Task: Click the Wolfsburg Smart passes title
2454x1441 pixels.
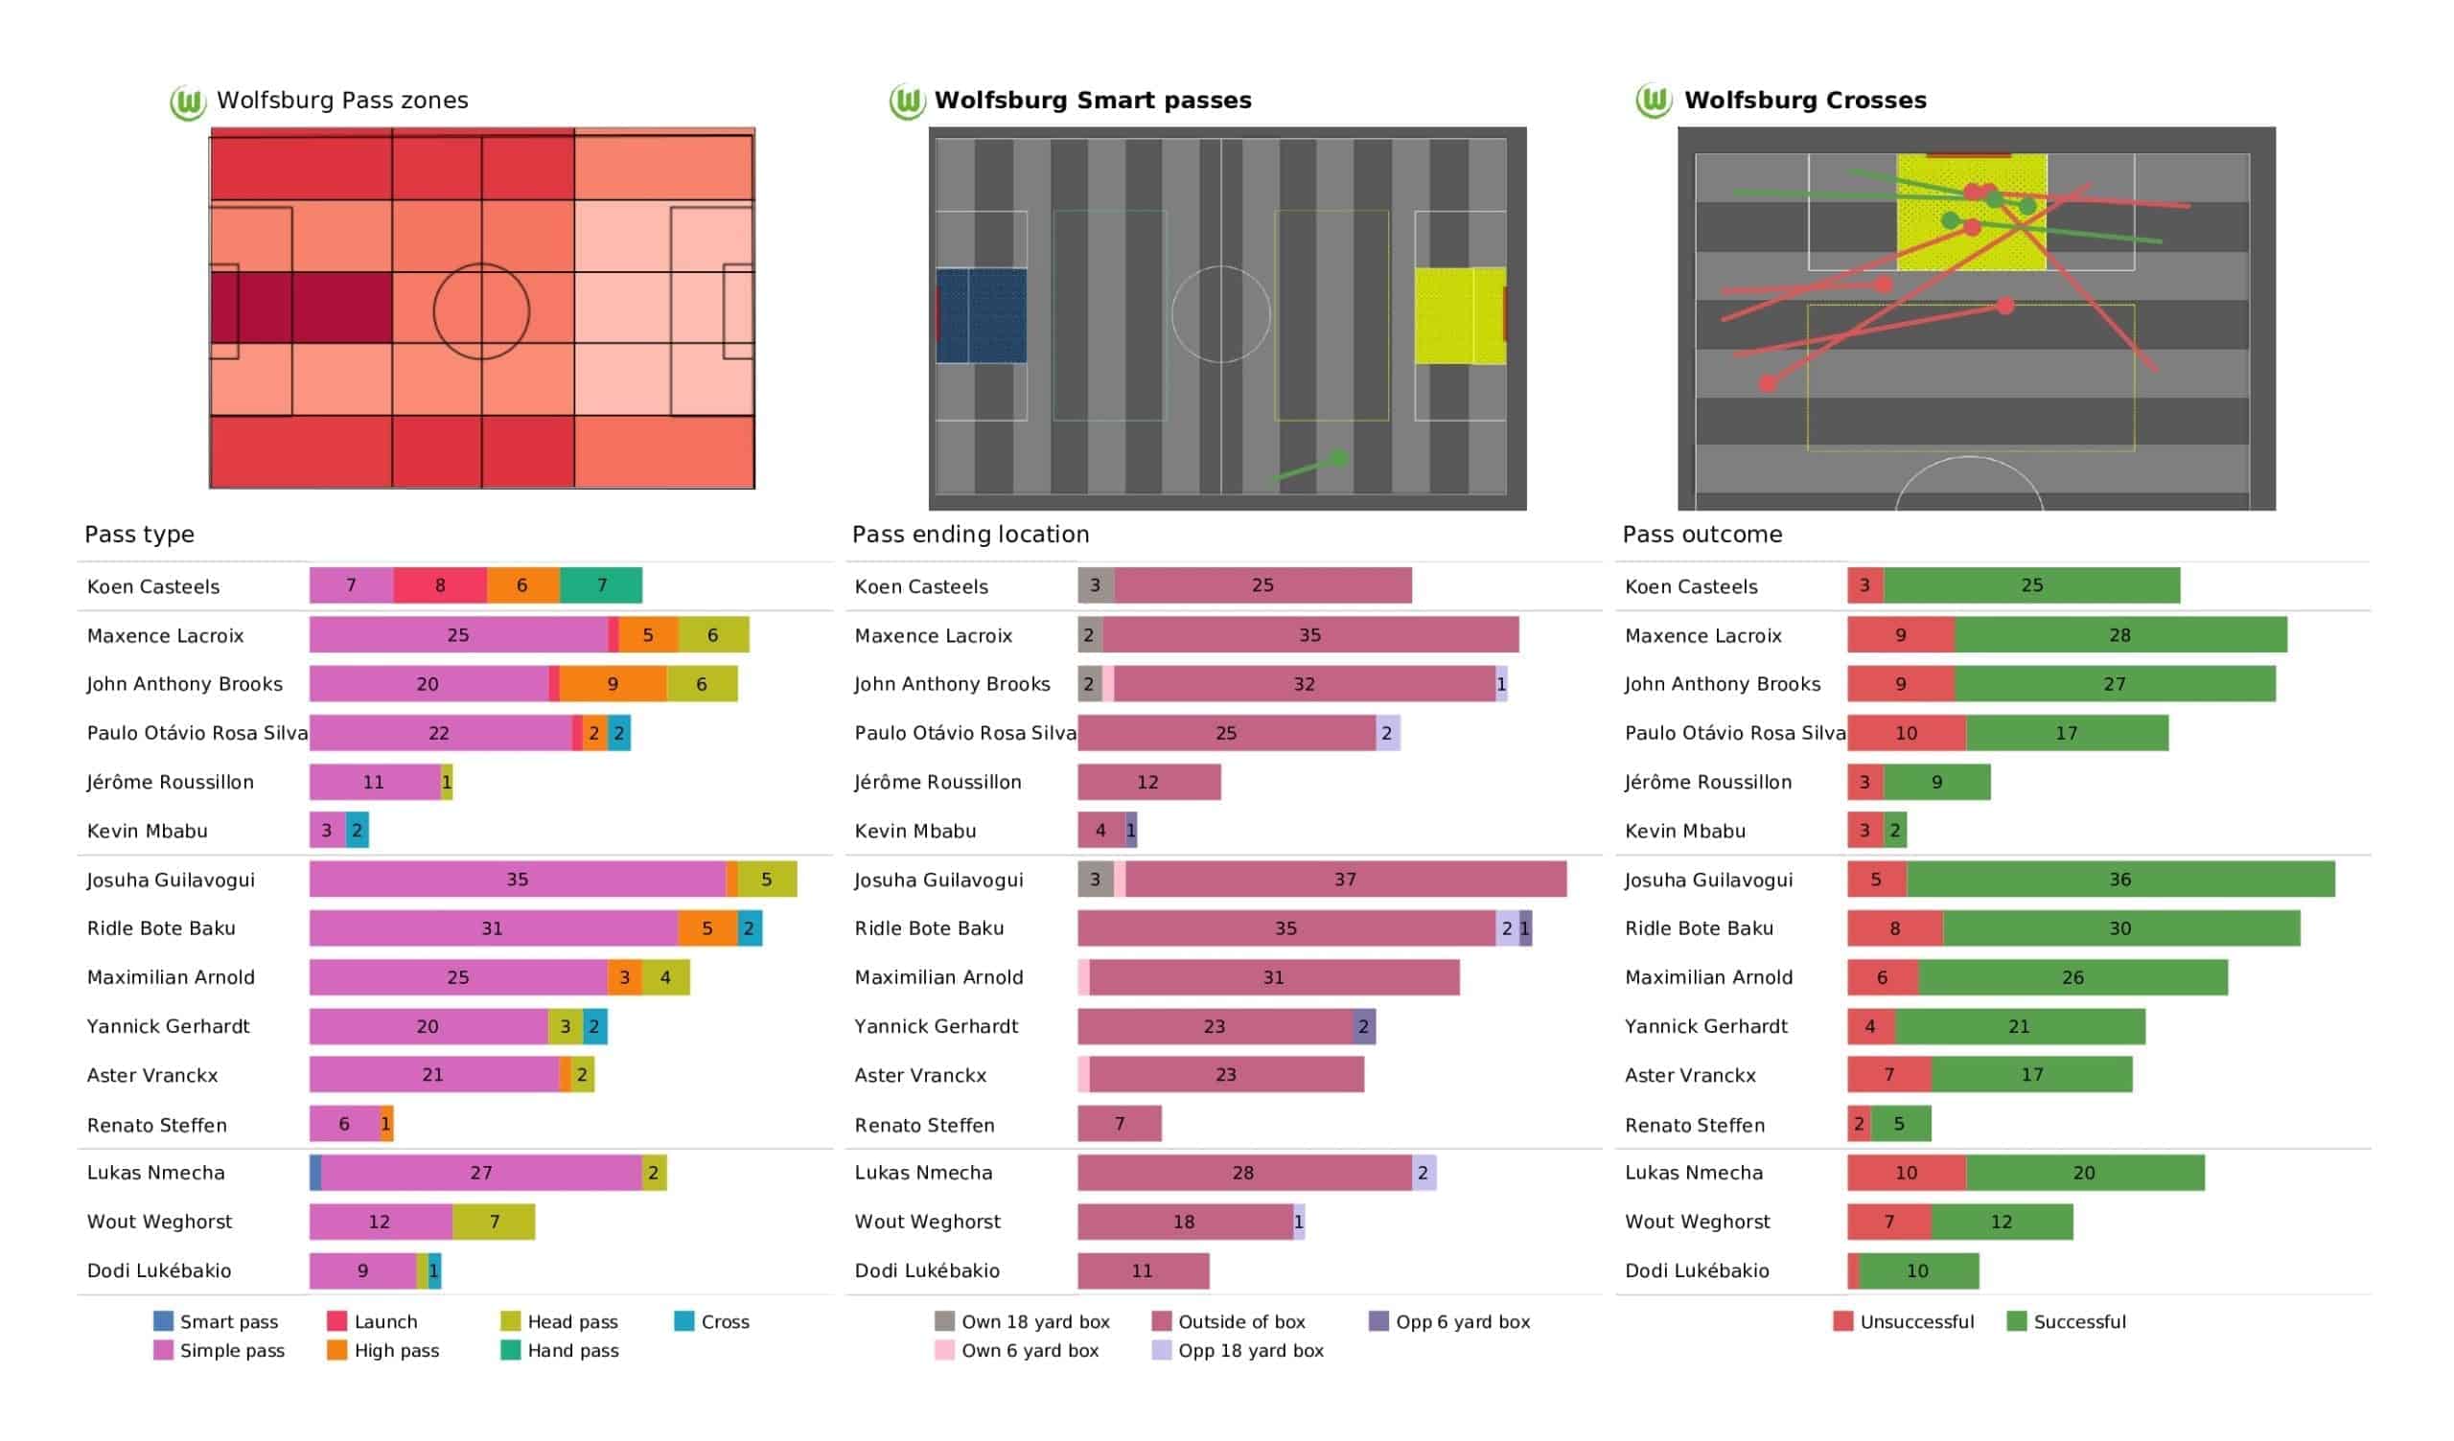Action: (1093, 101)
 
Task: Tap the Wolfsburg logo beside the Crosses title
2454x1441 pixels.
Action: (1654, 101)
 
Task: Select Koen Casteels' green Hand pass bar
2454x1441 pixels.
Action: (601, 585)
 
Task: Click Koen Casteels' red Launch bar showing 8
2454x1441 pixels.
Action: (440, 585)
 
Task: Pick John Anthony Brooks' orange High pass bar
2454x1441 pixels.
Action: (613, 683)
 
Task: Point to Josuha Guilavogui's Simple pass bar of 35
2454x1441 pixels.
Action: (517, 880)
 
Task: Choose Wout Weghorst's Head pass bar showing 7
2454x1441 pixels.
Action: (494, 1221)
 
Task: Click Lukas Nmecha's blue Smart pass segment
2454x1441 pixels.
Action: (315, 1173)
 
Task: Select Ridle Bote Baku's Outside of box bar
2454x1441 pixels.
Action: (1285, 927)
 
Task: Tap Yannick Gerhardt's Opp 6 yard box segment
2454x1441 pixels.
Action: (1363, 1026)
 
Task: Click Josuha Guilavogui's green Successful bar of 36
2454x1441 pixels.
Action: (2120, 880)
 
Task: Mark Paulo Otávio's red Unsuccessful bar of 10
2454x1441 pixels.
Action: (1906, 733)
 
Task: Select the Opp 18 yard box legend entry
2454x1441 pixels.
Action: (1238, 1350)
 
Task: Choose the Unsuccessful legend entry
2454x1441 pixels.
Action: (1904, 1321)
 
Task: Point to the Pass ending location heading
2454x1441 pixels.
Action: (970, 535)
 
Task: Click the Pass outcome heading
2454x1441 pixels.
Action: (1702, 535)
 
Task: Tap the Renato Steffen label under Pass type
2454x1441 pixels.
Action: (157, 1125)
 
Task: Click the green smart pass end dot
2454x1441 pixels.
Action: (1339, 458)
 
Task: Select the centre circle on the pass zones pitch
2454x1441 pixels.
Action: (481, 311)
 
